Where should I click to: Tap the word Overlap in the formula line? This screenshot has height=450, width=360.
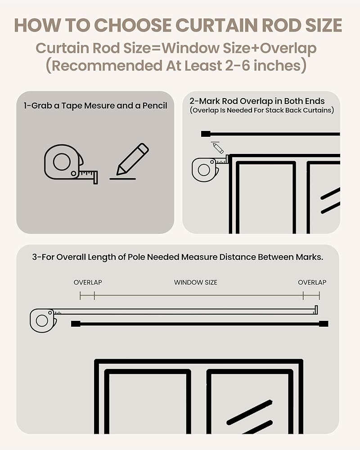tap(288, 49)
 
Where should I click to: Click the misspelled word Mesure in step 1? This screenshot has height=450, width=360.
tap(99, 106)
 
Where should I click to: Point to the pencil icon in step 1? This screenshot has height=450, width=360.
tap(132, 159)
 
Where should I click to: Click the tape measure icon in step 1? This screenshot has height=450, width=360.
tap(71, 164)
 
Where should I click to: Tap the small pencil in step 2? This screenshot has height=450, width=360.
tap(218, 148)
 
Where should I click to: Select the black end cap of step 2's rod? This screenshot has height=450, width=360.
tap(206, 134)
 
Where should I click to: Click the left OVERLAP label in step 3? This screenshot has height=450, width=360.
tap(88, 283)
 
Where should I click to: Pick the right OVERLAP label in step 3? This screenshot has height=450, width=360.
tap(312, 283)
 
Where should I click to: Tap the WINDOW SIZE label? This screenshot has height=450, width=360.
tap(195, 283)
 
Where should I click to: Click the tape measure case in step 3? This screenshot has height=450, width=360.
tap(43, 320)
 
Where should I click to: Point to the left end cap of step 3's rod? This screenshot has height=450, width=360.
tap(76, 324)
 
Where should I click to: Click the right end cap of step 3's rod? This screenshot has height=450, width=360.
tap(324, 324)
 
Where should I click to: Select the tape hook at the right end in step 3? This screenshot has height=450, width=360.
tap(316, 310)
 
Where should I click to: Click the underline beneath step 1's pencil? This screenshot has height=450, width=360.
tap(122, 179)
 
